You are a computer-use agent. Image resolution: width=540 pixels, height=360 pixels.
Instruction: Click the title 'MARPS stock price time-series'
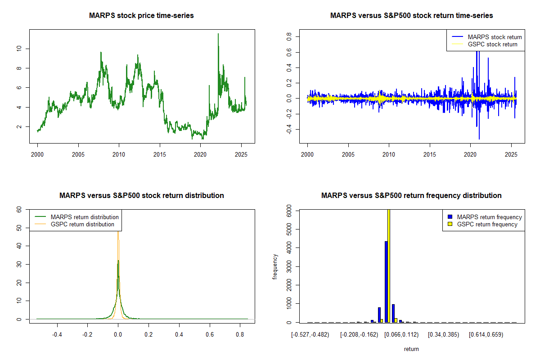141,16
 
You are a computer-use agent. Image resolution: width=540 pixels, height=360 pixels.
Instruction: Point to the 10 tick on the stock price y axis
18,49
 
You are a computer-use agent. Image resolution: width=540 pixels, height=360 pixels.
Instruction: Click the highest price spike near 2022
218,34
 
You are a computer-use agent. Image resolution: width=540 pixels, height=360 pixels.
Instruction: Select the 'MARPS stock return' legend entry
495,37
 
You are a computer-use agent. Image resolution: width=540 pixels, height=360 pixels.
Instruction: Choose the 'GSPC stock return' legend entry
492,45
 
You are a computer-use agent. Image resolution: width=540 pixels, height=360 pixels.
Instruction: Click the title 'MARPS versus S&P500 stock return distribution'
141,196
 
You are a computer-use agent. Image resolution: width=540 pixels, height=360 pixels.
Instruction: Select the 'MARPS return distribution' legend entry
85,217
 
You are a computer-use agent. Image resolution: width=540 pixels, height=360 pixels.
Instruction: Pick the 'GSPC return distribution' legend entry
82,224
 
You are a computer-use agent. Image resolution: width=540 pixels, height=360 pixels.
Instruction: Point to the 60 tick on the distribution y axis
18,209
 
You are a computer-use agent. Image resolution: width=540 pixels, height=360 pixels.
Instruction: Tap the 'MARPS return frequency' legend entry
489,217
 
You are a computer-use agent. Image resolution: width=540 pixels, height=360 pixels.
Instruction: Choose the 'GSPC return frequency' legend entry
487,224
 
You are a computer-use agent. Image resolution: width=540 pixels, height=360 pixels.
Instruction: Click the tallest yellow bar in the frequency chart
389,265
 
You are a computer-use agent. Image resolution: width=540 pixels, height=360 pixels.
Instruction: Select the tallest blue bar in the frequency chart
386,282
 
